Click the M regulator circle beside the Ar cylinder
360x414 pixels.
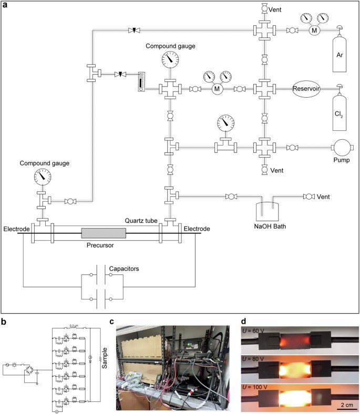tap(315, 31)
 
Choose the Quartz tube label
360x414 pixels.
tap(140, 221)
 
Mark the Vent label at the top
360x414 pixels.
tap(277, 9)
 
